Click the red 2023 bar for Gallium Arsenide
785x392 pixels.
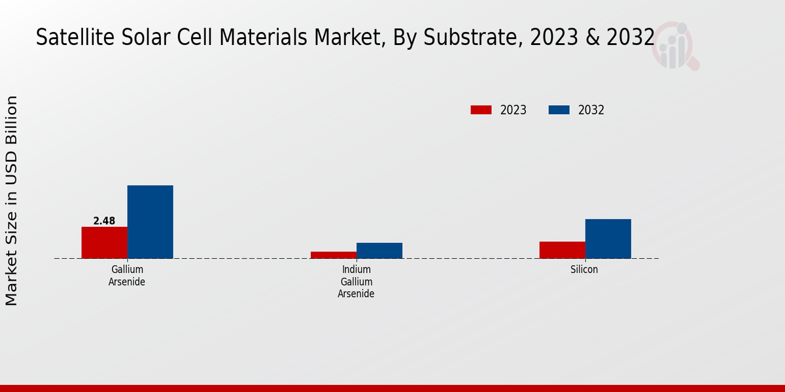tap(104, 242)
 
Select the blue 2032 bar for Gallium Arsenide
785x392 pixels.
tap(150, 221)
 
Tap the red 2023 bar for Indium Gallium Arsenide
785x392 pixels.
tap(333, 255)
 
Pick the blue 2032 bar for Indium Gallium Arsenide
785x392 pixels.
tap(379, 250)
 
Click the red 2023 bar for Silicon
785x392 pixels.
tap(562, 250)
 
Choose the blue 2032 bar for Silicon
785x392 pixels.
tap(608, 238)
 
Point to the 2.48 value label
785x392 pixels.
tap(104, 221)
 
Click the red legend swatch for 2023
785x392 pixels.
tap(481, 110)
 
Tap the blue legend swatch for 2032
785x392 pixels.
tap(559, 110)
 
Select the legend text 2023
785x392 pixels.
tap(514, 110)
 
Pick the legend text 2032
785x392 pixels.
tap(591, 110)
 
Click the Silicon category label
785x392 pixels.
tap(584, 269)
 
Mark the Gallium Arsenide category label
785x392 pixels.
tap(127, 275)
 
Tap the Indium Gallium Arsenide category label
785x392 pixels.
tap(356, 282)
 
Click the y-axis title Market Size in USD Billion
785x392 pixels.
tap(12, 201)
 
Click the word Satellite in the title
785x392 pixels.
tap(69, 38)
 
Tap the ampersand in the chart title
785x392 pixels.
tap(593, 38)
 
